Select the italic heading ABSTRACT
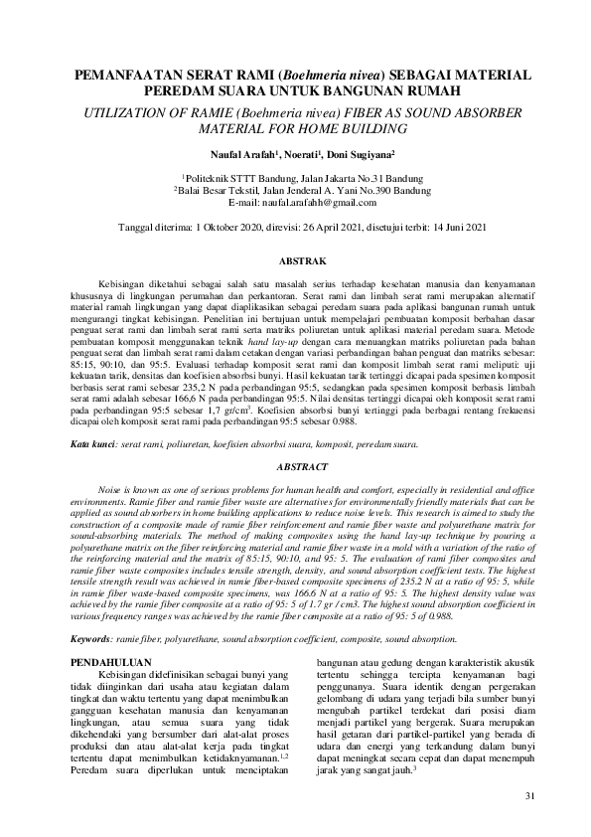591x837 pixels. [295, 465]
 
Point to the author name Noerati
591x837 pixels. [309, 155]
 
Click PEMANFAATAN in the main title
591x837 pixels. [143, 73]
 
